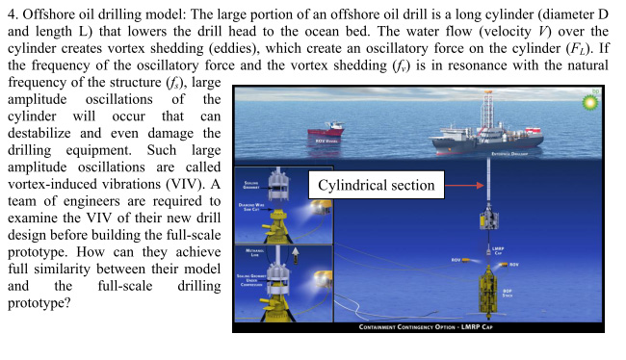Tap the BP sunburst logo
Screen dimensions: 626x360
(x=590, y=100)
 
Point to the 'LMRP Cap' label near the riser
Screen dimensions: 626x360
(x=498, y=249)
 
